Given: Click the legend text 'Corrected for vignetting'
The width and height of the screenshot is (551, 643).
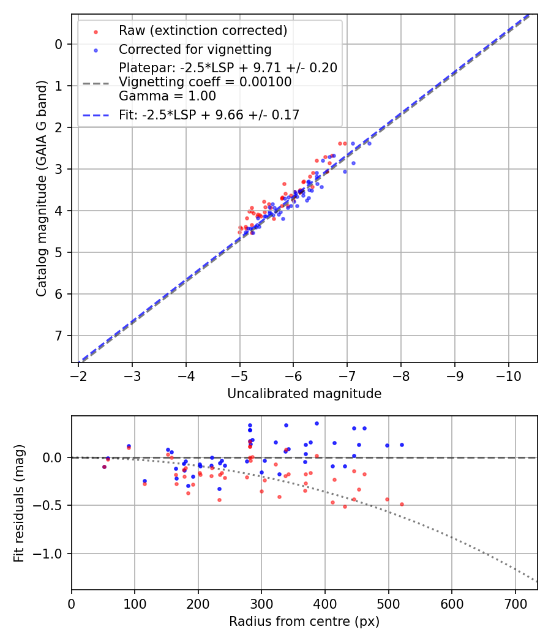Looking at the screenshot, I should click(x=195, y=49).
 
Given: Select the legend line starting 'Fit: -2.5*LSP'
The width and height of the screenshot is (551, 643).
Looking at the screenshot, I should click(x=209, y=114).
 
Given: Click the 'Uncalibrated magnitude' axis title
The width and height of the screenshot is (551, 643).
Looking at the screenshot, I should click(x=304, y=394).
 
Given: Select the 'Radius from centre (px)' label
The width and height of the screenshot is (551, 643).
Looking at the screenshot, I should click(x=304, y=622).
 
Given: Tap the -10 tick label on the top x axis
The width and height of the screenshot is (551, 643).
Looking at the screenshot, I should click(x=508, y=375).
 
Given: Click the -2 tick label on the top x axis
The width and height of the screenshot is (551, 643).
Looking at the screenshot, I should click(x=78, y=375).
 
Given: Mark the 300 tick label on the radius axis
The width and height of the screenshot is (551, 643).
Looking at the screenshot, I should click(x=261, y=603).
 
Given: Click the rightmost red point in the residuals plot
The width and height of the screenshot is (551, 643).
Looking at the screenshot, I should click(x=402, y=504).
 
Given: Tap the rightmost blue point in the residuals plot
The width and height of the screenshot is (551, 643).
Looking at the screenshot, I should click(x=402, y=445).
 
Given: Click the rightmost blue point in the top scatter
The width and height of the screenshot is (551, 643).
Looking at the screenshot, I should click(x=369, y=143).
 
